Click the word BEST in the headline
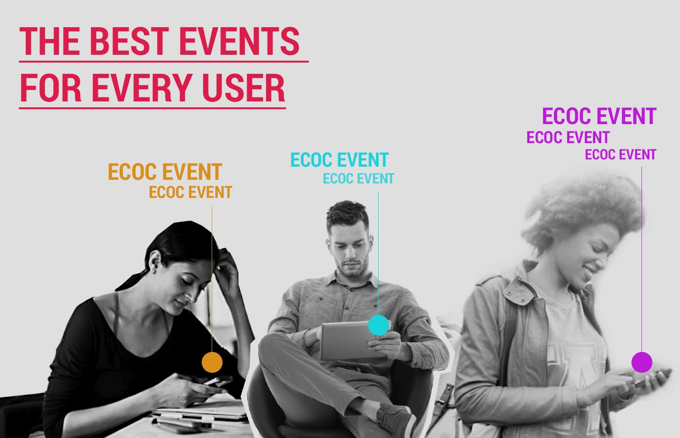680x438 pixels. point(129,41)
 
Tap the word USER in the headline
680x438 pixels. point(243,88)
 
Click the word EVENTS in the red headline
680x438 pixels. point(239,41)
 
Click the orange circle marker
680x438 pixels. point(212,362)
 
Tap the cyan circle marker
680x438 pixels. point(379,325)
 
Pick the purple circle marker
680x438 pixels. point(642,362)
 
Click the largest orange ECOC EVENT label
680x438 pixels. point(165,172)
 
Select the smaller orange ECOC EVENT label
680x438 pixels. point(191,193)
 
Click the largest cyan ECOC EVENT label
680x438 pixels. point(340,160)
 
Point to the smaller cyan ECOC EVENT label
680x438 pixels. point(359,178)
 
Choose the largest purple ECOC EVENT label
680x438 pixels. point(599,116)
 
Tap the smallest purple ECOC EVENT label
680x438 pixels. point(621,155)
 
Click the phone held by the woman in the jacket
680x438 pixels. point(653,378)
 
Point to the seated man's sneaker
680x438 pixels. point(396,420)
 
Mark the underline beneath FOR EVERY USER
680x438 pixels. point(152,108)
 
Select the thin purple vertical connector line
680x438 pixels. point(641,260)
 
